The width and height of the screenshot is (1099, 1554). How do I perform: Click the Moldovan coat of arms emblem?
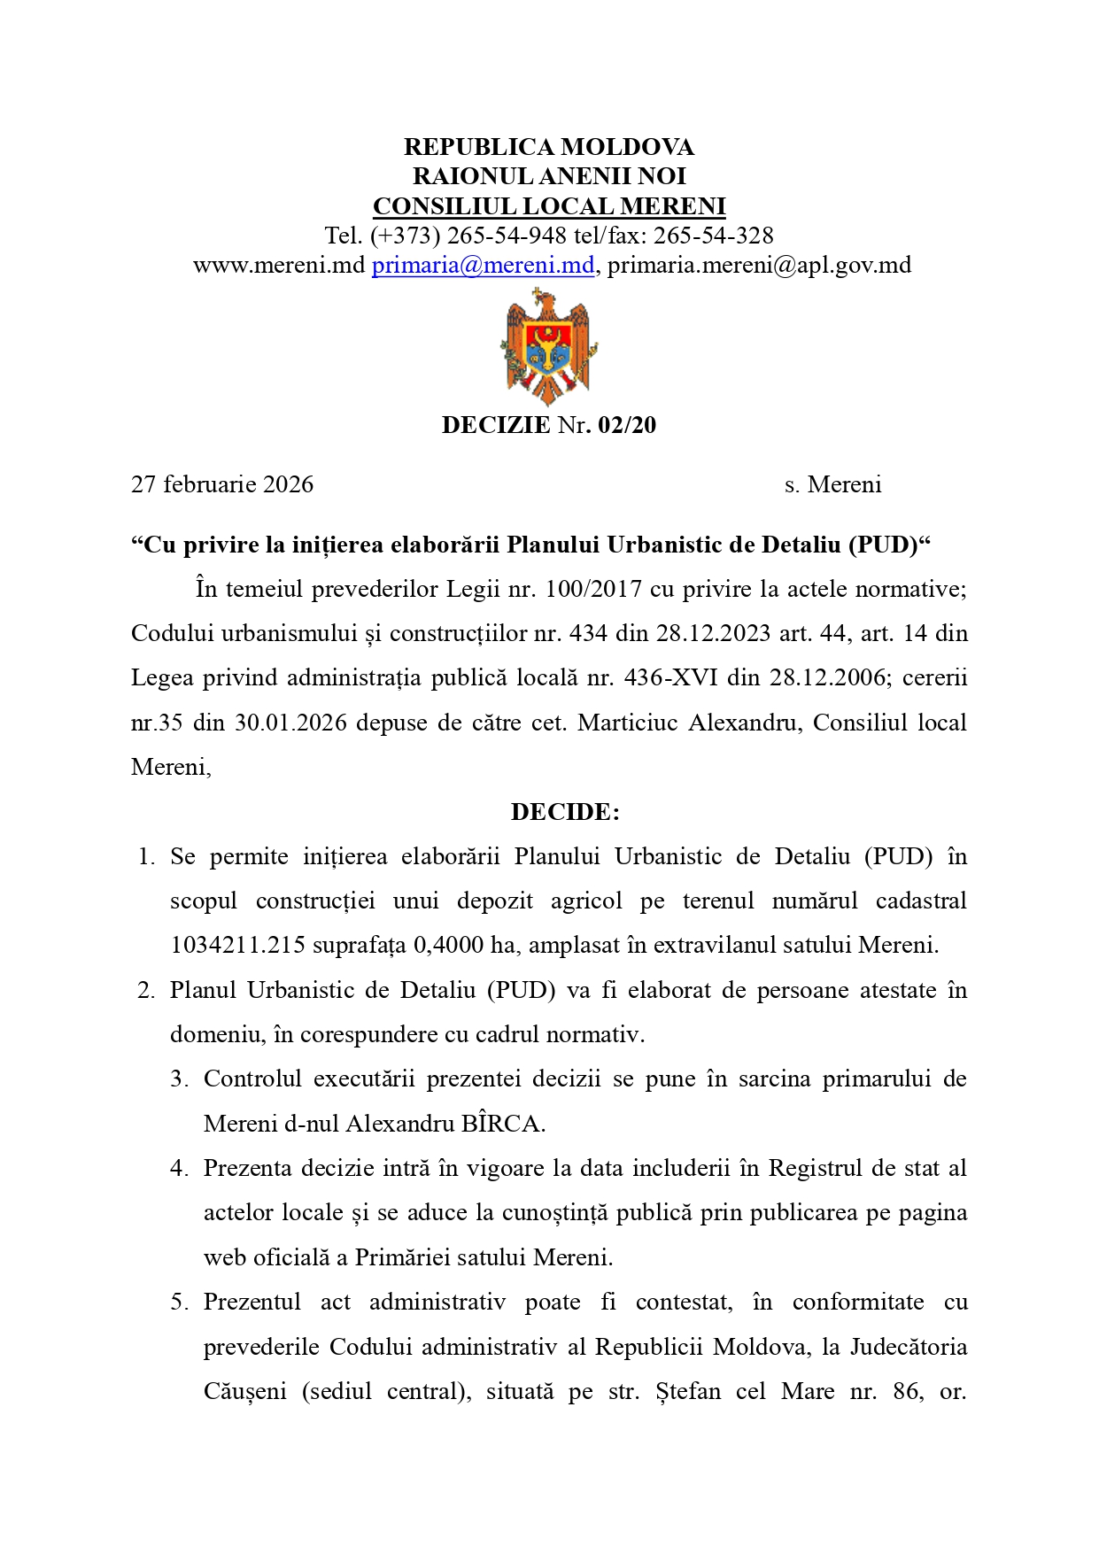click(x=548, y=346)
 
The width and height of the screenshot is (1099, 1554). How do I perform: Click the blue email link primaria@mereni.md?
click(x=483, y=265)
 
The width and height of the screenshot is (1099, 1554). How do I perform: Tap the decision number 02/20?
click(x=627, y=425)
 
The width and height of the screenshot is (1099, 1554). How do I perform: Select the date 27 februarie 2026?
click(x=222, y=484)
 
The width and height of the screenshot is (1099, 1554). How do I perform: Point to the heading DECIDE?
click(x=565, y=812)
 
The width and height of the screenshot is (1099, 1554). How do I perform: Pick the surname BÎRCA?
click(x=500, y=1124)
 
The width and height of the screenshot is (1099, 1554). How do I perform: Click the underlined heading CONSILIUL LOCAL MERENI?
click(x=549, y=206)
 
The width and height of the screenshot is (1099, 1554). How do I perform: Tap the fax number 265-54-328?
click(x=713, y=236)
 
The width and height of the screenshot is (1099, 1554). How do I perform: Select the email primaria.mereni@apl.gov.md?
click(x=759, y=265)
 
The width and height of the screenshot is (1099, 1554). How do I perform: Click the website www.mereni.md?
click(x=279, y=265)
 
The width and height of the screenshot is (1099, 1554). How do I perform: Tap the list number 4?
click(x=180, y=1169)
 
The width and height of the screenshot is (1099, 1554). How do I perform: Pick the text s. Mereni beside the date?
click(x=832, y=484)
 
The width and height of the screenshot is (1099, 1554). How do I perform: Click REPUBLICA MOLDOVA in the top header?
click(x=549, y=147)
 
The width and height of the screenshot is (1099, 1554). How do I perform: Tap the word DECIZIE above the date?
click(x=496, y=425)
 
